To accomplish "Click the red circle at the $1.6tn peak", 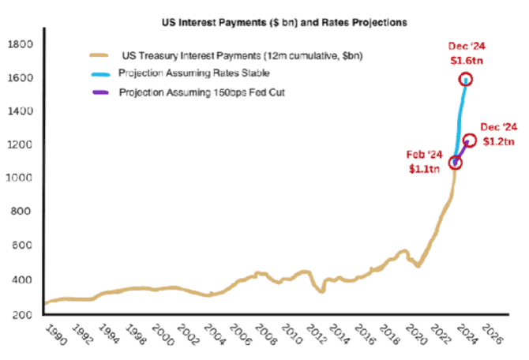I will click(x=466, y=79).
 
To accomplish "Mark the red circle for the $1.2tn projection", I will click(x=469, y=141).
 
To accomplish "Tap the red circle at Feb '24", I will click(x=456, y=163).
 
